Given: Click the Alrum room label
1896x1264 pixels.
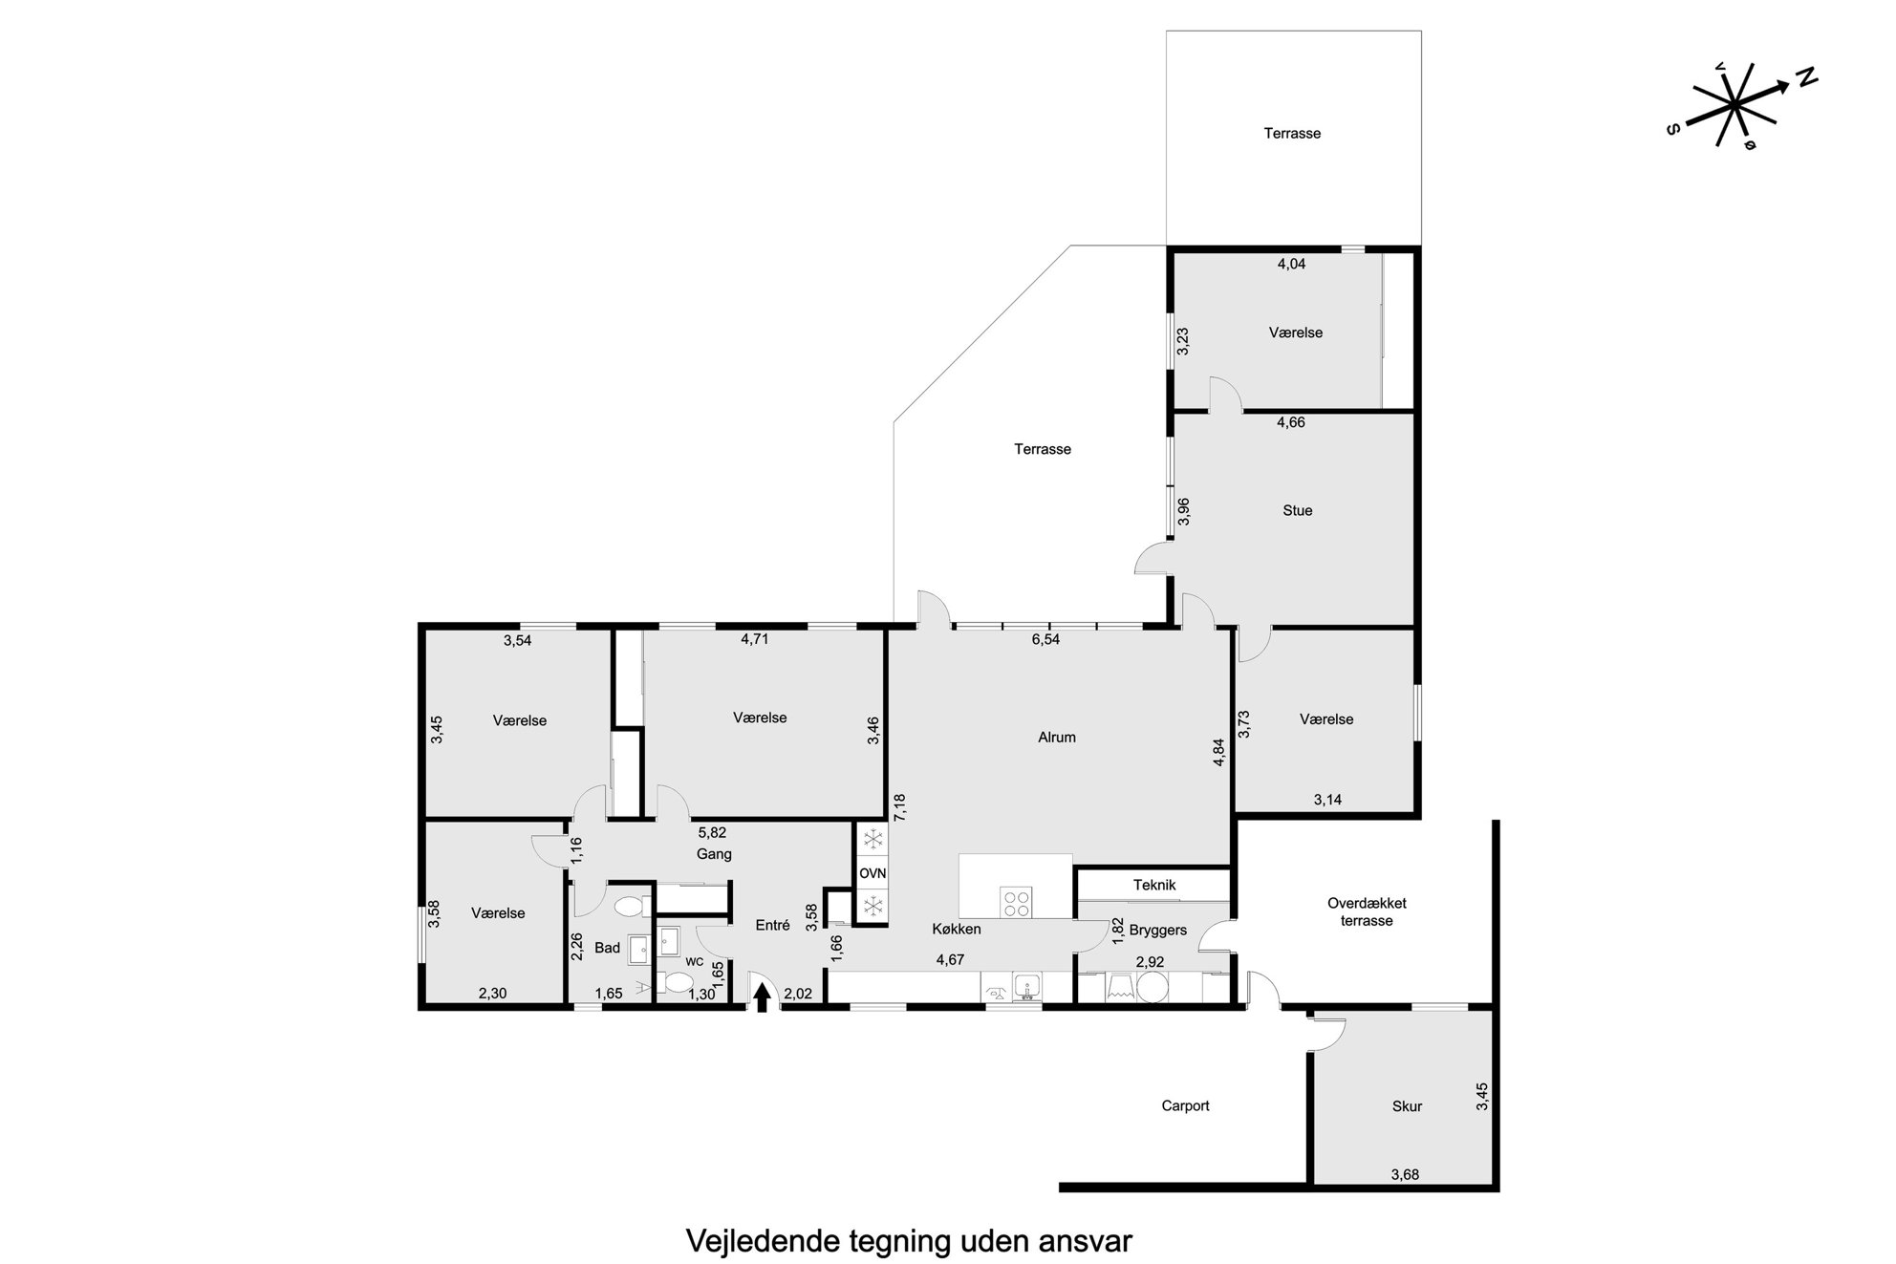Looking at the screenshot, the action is (x=1057, y=738).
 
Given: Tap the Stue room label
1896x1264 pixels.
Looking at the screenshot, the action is (x=1297, y=510).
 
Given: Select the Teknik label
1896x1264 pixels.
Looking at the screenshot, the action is (x=1154, y=885).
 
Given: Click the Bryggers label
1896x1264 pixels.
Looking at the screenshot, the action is (x=1158, y=930).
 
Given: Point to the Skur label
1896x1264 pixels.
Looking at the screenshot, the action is (x=1407, y=1106).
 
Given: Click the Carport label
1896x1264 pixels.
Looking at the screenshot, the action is (x=1185, y=1105).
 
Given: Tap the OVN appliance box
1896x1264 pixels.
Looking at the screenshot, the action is (x=872, y=873).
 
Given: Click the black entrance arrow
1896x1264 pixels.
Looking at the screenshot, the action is (x=762, y=997).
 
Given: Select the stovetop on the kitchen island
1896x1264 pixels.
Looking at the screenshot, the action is (x=1016, y=902).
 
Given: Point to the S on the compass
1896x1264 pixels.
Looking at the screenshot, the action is (x=1672, y=129).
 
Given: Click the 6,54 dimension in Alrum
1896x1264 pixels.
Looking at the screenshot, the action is (x=1045, y=639).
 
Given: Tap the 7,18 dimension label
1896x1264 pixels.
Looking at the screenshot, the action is (x=898, y=808).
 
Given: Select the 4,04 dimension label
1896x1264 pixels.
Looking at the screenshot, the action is (x=1291, y=264).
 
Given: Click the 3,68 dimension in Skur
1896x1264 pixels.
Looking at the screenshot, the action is (x=1405, y=1175).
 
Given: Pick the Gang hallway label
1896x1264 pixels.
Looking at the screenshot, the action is (x=714, y=854).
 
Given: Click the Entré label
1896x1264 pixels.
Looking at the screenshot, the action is (x=772, y=925).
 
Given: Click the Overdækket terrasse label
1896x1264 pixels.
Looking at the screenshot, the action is (x=1367, y=911).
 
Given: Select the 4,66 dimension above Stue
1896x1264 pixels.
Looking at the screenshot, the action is (x=1291, y=422).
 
